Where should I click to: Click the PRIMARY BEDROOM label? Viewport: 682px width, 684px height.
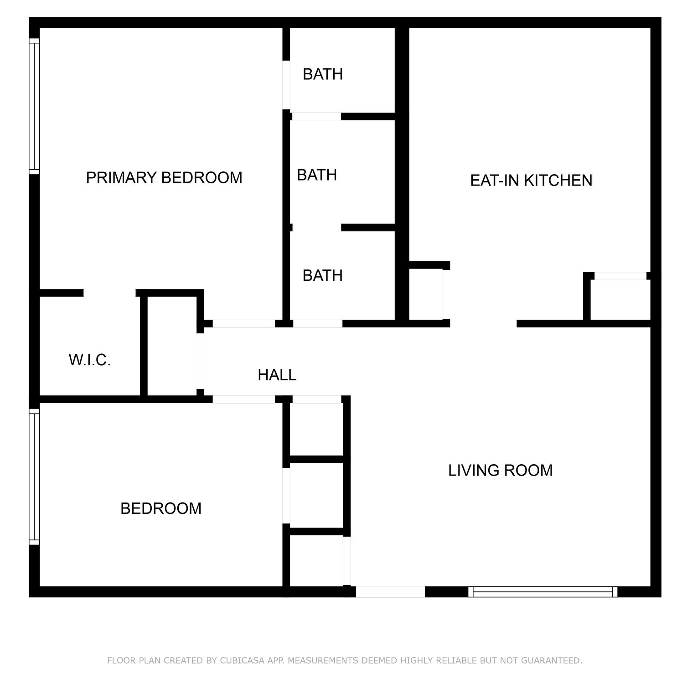click(164, 177)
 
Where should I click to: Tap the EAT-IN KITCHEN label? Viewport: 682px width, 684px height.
click(531, 180)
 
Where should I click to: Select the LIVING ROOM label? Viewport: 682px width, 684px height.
click(500, 470)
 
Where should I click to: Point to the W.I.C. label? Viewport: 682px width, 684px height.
click(90, 360)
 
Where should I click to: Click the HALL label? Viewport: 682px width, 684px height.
click(277, 375)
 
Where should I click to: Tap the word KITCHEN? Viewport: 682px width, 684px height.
click(558, 180)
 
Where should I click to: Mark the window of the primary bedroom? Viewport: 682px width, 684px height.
click(34, 106)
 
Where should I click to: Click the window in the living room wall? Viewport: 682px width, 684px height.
click(542, 591)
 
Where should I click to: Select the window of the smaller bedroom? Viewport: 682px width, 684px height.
click(34, 477)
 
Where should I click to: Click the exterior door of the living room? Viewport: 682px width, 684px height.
click(390, 591)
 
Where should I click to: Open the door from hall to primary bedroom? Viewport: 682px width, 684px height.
click(244, 324)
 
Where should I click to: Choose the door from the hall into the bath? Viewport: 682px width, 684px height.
click(318, 324)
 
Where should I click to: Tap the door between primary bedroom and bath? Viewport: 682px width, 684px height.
click(286, 85)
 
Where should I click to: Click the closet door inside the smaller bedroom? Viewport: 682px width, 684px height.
click(286, 496)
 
